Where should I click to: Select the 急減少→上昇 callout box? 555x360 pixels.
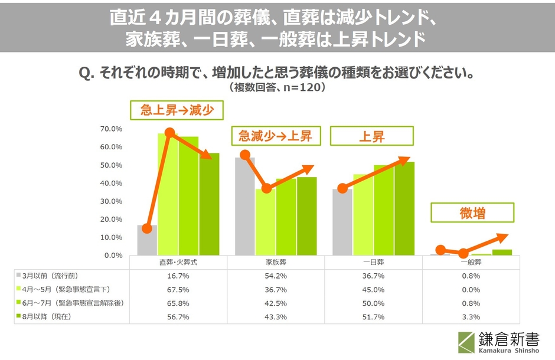275,136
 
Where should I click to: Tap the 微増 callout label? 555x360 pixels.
472,213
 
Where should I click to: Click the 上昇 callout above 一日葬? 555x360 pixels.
372,136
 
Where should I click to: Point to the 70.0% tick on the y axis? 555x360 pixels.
111,129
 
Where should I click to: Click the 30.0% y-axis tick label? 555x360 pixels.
111,201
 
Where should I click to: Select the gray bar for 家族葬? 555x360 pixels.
245,207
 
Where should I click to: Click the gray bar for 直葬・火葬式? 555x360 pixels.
147,240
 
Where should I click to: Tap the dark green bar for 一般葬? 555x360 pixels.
502,253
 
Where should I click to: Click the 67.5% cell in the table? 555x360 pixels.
179,290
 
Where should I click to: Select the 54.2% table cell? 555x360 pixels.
276,276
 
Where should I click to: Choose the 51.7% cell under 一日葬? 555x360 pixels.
374,316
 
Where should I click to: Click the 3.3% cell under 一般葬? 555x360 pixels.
471,316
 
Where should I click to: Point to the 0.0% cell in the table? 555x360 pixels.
471,290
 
